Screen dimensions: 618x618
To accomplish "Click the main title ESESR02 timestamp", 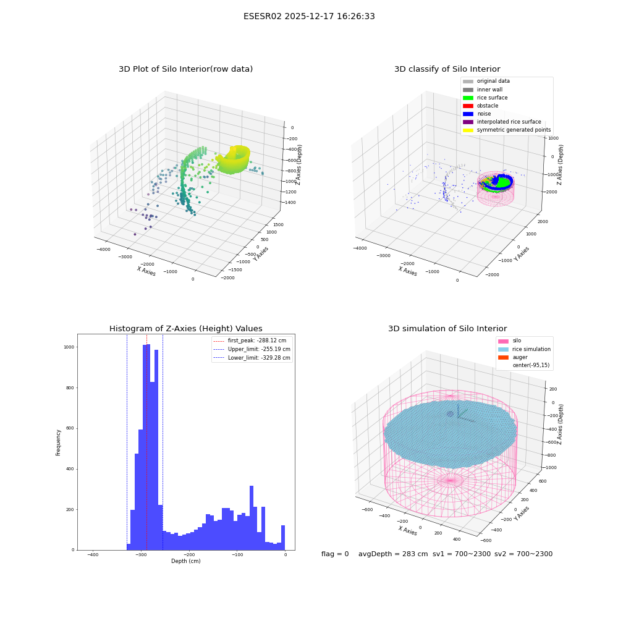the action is [x=309, y=16].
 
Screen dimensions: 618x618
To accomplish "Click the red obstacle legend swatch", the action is [x=468, y=106].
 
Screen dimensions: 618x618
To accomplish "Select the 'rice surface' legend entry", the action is [x=485, y=98].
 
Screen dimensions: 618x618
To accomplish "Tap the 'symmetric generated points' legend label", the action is [x=514, y=130].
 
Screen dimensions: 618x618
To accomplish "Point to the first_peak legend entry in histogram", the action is [x=249, y=341].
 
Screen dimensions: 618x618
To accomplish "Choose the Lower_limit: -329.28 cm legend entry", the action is [x=252, y=358].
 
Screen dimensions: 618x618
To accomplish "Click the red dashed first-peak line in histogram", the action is [x=146, y=442].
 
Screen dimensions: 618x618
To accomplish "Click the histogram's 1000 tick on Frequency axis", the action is [x=69, y=347].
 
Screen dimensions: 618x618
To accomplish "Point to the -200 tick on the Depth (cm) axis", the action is [x=189, y=554].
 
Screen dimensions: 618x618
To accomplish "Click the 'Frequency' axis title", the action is [x=58, y=442].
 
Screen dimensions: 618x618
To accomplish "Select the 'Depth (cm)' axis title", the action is [x=185, y=561].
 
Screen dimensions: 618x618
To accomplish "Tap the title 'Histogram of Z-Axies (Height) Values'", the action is [x=185, y=328].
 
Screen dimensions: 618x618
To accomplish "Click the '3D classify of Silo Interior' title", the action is [x=447, y=69].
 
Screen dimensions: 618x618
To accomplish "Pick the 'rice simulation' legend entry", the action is [x=524, y=349].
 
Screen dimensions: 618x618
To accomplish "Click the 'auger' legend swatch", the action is [x=503, y=357].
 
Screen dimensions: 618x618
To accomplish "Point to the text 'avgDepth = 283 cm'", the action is [x=393, y=554].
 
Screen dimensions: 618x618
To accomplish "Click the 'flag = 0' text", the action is [x=335, y=554].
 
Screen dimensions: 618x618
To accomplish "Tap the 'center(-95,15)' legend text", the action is [x=531, y=365].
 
